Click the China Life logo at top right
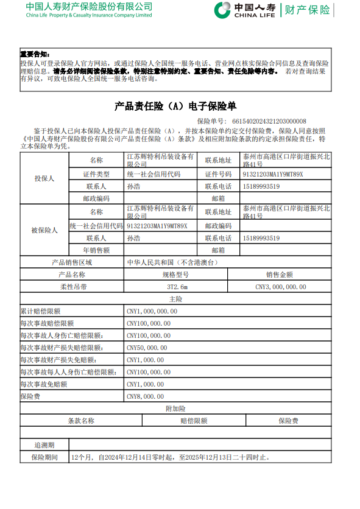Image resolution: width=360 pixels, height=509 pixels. pos(272,10)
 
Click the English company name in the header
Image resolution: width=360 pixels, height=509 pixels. pos(89,15)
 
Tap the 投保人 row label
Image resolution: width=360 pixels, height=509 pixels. pos(43,178)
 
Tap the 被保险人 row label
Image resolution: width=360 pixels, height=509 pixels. pos(43,230)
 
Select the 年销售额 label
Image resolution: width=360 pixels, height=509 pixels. pos(96,250)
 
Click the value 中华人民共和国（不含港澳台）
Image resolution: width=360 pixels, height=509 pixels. pos(171,262)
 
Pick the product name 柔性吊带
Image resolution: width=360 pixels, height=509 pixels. pos(73,287)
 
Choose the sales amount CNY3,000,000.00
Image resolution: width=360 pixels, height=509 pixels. pos(280,287)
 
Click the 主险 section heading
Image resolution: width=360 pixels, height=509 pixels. pos(176,299)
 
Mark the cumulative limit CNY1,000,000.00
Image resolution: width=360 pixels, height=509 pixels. pos(152,311)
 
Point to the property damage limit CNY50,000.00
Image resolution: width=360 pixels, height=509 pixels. pos(147,348)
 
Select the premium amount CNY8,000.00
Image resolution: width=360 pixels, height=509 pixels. pos(147,396)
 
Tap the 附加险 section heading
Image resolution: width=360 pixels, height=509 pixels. pos(176,409)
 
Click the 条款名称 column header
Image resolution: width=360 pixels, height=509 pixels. pos(81,421)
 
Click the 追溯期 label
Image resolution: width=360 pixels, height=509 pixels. pos(44,445)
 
